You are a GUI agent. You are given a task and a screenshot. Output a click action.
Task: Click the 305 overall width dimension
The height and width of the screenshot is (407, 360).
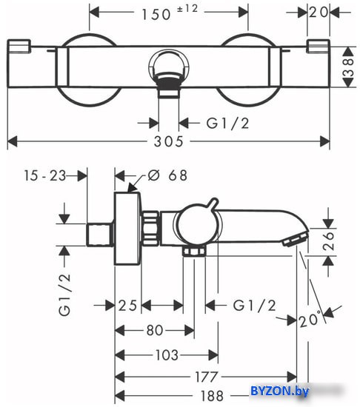169,142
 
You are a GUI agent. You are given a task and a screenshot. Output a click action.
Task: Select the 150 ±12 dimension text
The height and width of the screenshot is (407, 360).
170,13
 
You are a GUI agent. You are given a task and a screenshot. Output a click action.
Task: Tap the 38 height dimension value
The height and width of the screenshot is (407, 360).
348,67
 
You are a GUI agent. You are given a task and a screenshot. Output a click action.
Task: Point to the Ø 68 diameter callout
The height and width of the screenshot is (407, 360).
167,175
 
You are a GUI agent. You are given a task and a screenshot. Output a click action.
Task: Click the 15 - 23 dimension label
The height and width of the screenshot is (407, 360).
45,175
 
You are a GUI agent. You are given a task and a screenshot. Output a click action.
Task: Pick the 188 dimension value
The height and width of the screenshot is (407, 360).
212,396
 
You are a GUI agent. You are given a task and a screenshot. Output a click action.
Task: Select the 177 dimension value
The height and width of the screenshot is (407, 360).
207,377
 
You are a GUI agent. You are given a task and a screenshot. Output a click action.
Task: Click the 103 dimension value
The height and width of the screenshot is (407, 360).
167,354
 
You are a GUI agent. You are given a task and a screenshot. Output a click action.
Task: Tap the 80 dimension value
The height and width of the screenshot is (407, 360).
155,331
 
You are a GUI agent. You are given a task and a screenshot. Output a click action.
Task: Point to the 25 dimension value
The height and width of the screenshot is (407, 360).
127,306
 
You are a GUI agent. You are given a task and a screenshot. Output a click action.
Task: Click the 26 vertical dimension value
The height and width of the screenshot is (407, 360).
328,241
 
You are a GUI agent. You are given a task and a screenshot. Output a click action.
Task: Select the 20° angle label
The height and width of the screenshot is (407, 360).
310,320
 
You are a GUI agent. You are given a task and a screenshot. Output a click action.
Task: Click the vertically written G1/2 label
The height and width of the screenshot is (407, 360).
64,294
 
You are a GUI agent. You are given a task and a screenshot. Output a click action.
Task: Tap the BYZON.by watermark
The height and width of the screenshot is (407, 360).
280,391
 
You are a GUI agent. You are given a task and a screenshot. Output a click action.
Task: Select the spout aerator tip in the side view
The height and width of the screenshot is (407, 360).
295,239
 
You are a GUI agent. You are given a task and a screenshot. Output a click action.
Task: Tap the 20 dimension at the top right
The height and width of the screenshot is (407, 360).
319,12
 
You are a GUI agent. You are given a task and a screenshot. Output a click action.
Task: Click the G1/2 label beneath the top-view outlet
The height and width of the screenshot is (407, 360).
227,123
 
